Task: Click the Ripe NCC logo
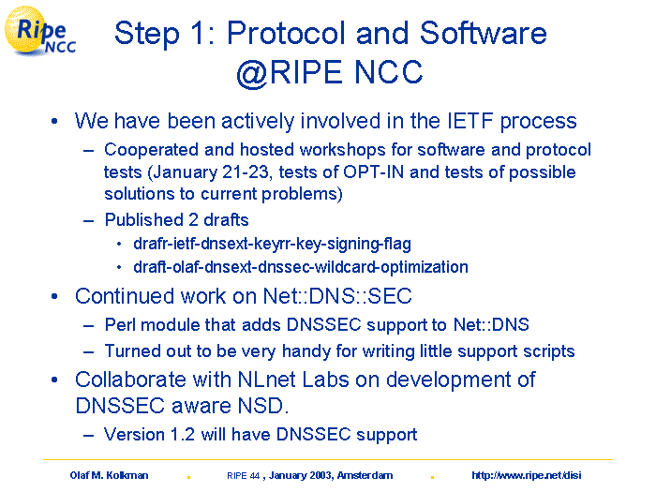point(40,31)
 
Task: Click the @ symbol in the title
point(252,72)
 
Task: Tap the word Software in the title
point(483,33)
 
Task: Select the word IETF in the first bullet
point(470,121)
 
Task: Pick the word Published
point(144,219)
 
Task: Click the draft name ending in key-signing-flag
point(273,244)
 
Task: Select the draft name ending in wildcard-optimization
point(301,267)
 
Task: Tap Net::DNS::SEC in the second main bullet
point(337,296)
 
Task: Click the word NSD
point(263,406)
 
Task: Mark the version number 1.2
point(183,434)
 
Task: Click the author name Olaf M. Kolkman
point(110,475)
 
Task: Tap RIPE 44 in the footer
point(243,476)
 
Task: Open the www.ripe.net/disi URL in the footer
point(527,475)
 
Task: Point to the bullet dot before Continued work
point(54,297)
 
